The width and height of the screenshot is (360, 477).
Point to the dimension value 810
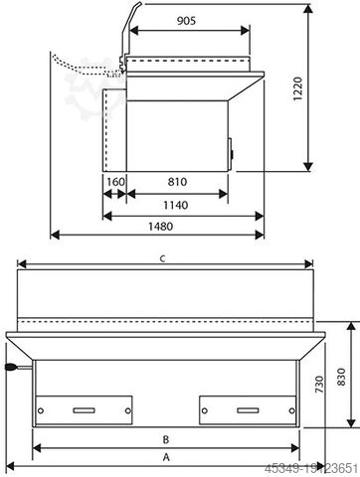179,182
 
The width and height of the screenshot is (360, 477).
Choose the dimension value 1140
177,207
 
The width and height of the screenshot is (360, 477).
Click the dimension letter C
163,259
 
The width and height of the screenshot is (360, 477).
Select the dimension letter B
167,437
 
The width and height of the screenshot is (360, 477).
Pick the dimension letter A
167,457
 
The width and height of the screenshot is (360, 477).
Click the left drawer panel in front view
85,407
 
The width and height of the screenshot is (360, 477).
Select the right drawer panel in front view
248,407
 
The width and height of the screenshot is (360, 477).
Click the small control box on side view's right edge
234,152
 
